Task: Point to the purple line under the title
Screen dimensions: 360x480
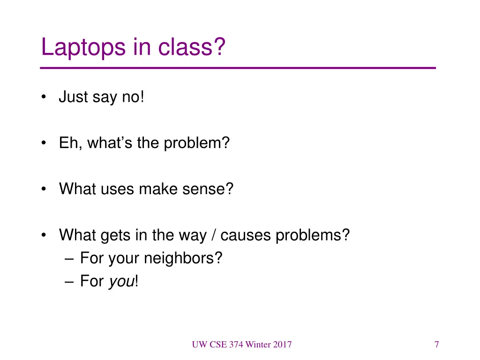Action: (238, 68)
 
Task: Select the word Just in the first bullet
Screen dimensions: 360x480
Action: (73, 97)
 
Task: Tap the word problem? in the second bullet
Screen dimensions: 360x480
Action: (197, 143)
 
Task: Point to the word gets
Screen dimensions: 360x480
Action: (115, 235)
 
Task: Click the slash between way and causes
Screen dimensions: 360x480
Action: (213, 235)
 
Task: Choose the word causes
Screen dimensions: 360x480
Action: (246, 235)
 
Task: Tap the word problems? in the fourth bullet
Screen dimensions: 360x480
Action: (313, 235)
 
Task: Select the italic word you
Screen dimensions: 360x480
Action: (121, 282)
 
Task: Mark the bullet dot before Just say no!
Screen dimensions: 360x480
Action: (44, 97)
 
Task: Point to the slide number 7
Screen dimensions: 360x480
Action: (436, 345)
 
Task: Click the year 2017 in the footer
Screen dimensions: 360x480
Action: (281, 345)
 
